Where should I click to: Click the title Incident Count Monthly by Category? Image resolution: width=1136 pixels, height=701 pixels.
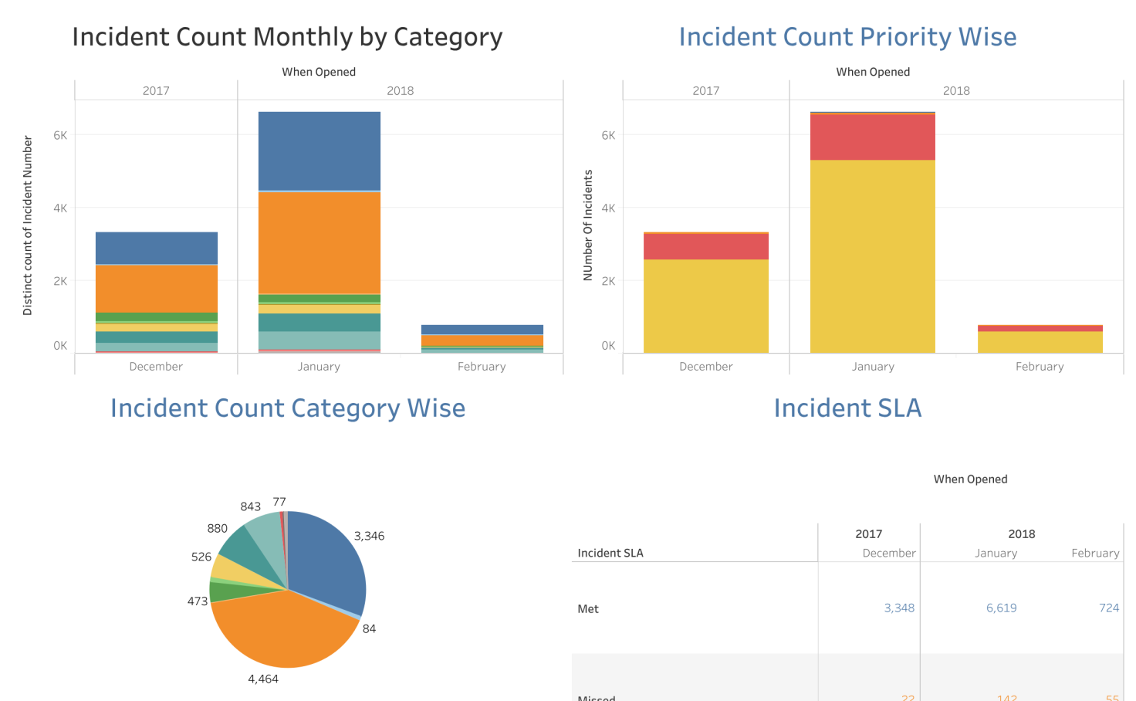pyautogui.click(x=287, y=37)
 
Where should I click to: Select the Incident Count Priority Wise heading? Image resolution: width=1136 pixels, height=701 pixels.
pyautogui.click(x=847, y=37)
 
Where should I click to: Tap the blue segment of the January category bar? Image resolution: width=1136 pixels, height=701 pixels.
pyautogui.click(x=319, y=151)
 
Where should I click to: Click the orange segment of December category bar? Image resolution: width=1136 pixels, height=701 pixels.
pyautogui.click(x=157, y=289)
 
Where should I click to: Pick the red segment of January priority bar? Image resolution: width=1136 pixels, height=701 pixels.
pyautogui.click(x=872, y=137)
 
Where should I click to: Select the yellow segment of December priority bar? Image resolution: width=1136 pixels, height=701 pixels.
pyautogui.click(x=705, y=306)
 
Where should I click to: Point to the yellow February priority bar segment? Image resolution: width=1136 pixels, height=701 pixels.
pyautogui.click(x=1040, y=342)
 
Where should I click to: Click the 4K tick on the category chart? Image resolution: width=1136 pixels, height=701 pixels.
pyautogui.click(x=60, y=208)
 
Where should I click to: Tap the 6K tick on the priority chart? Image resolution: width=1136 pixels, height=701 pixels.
pyautogui.click(x=608, y=135)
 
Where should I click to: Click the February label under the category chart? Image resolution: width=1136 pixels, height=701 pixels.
pyautogui.click(x=482, y=367)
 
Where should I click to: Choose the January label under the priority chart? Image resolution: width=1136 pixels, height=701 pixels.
pyautogui.click(x=873, y=367)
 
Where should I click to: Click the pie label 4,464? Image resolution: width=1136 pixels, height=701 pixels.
pyautogui.click(x=263, y=679)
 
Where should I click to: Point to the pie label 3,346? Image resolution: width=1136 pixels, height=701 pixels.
pyautogui.click(x=369, y=536)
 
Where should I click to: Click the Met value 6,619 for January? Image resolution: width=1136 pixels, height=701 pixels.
pyautogui.click(x=1001, y=608)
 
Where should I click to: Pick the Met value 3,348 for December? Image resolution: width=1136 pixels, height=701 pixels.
pyautogui.click(x=899, y=608)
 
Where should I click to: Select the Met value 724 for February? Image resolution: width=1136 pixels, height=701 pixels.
pyautogui.click(x=1109, y=608)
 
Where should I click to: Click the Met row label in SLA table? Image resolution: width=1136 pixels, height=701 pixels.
pyautogui.click(x=588, y=609)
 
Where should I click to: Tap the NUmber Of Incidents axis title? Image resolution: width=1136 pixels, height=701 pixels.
pyautogui.click(x=588, y=225)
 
